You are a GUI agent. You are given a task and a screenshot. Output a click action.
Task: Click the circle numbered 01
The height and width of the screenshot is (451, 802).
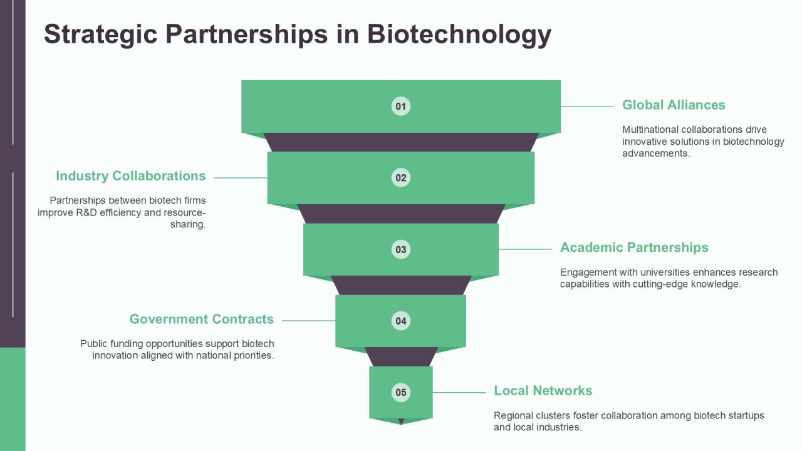point(400,106)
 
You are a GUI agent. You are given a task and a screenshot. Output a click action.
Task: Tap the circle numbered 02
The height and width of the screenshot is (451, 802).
point(400,177)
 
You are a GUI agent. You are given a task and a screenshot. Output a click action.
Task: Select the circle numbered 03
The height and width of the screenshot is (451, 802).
point(400,249)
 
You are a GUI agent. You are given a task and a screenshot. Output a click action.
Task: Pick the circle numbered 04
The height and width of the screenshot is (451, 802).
point(400,321)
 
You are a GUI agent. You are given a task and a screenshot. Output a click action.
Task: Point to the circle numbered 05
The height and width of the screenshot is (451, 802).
point(400,392)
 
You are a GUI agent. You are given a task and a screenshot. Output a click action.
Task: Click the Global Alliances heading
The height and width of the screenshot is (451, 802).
point(674,105)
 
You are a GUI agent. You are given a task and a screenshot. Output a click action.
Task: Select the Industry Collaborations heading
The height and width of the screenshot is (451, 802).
point(131,176)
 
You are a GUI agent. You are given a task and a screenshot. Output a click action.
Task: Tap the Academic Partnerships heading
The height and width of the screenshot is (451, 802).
point(634,247)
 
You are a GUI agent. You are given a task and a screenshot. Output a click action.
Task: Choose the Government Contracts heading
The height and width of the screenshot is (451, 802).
point(202,319)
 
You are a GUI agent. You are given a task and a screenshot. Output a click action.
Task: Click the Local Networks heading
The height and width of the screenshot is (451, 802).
point(543,390)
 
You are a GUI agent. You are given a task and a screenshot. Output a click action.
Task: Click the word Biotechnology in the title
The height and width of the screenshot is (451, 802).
point(459,34)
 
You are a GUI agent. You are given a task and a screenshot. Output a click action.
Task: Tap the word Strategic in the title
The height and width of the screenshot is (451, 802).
point(101,34)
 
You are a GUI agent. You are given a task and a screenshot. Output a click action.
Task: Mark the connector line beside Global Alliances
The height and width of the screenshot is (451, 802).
point(587,106)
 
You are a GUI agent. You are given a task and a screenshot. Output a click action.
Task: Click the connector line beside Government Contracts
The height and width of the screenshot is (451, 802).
point(309,321)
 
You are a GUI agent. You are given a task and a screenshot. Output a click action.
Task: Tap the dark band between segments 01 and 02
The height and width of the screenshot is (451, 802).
point(400,142)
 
